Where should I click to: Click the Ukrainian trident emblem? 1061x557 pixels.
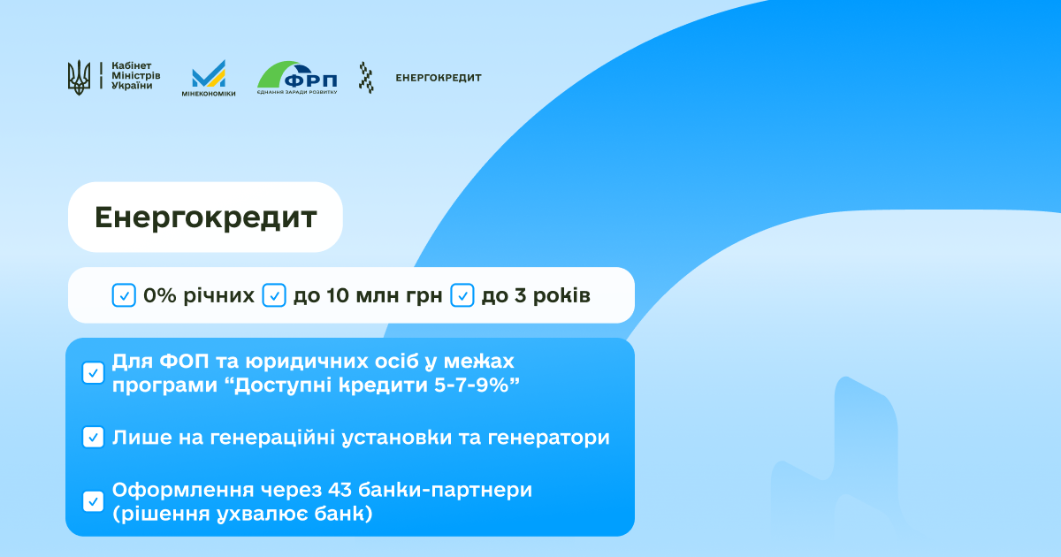click(x=79, y=77)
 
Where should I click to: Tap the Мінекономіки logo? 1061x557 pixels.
click(x=209, y=78)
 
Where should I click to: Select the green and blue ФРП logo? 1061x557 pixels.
click(x=297, y=77)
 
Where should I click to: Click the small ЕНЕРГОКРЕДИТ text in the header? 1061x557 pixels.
click(x=439, y=78)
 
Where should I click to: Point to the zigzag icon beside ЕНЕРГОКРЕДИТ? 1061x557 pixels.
click(x=366, y=77)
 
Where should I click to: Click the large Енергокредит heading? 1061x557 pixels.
click(x=205, y=217)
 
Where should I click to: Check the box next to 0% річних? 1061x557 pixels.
click(x=124, y=295)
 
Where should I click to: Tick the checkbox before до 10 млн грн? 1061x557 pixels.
click(x=274, y=295)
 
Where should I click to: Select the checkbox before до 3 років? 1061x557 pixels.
click(x=462, y=295)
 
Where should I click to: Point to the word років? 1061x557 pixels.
click(x=561, y=295)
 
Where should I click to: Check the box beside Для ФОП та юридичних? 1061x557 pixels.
click(x=94, y=373)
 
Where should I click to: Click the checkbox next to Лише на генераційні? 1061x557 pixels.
click(x=94, y=437)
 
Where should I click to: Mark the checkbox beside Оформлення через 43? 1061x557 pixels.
click(x=94, y=501)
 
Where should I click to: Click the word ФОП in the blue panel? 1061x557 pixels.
click(x=184, y=362)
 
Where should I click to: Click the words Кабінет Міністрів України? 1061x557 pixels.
click(x=136, y=76)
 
